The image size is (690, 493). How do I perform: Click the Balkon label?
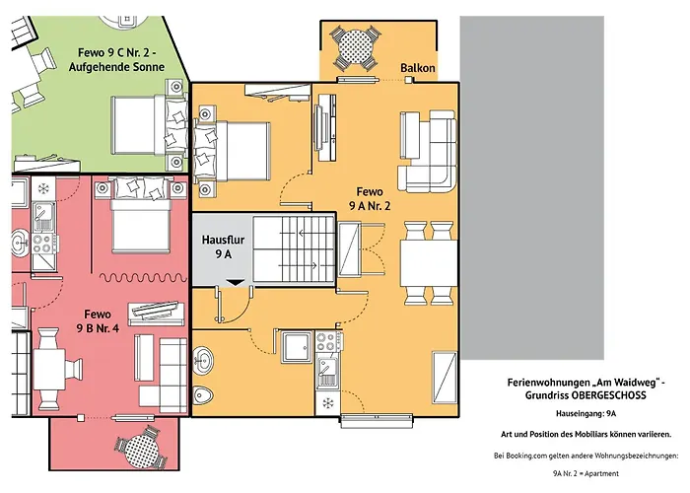pyautogui.click(x=418, y=68)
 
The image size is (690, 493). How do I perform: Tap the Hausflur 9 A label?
pyautogui.click(x=223, y=246)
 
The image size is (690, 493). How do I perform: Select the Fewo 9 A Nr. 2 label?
pyautogui.click(x=370, y=198)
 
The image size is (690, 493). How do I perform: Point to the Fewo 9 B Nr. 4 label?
pyautogui.click(x=98, y=320)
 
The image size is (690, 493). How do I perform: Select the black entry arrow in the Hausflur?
pyautogui.click(x=236, y=282)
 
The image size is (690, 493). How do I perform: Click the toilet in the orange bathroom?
pyautogui.click(x=203, y=394)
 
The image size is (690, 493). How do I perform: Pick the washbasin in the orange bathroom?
pyautogui.click(x=203, y=361)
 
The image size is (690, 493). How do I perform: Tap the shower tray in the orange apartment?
pyautogui.click(x=297, y=348)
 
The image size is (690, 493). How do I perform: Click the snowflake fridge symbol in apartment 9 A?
pyautogui.click(x=328, y=402)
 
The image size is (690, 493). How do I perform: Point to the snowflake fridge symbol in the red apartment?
pyautogui.click(x=43, y=189)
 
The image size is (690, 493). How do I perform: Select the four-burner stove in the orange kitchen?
pyautogui.click(x=328, y=342)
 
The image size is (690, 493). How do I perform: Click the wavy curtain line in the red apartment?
pyautogui.click(x=144, y=277)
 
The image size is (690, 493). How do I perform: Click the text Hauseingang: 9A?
pyautogui.click(x=586, y=414)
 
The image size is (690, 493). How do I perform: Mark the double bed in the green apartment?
pyautogui.click(x=149, y=125)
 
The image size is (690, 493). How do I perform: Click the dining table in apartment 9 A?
pyautogui.click(x=429, y=263)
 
